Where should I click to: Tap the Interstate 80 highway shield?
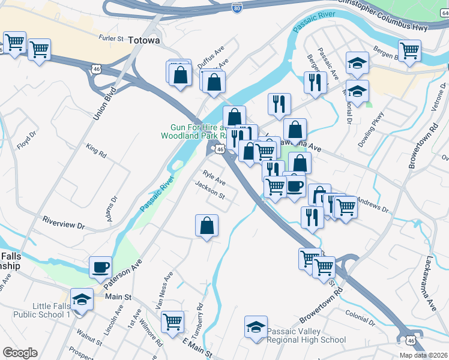coord(237,8)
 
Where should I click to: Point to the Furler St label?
coord(111,38)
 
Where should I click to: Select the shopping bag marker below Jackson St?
coord(206,226)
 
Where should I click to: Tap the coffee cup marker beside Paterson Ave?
coord(101,266)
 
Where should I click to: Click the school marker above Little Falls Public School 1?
coord(81,299)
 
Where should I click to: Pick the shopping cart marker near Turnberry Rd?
coord(172,321)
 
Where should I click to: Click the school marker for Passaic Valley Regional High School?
coord(256,328)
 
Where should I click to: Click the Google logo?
coord(20,353)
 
